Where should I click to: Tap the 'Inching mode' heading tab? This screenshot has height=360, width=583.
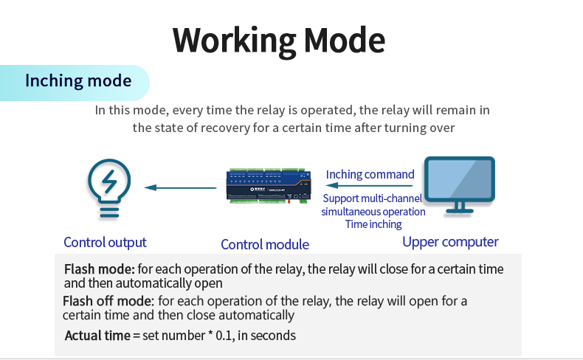[78, 80]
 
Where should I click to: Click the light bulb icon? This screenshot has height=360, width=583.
[109, 188]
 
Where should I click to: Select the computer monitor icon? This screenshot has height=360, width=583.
[459, 183]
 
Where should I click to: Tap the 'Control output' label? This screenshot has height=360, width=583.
[105, 242]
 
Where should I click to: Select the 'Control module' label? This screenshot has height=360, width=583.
[265, 244]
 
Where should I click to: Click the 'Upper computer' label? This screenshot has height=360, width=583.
[450, 241]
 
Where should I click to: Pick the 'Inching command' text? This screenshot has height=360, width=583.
[370, 174]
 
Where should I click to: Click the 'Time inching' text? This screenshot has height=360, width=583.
[373, 224]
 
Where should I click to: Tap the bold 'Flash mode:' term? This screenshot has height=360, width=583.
[99, 269]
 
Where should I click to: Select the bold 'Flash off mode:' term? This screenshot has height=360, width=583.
[108, 301]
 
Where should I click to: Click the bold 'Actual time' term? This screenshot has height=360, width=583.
[97, 336]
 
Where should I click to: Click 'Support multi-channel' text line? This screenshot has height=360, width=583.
[373, 198]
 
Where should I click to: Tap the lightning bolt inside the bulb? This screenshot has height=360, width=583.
[109, 181]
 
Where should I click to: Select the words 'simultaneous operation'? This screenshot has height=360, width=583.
[373, 211]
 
